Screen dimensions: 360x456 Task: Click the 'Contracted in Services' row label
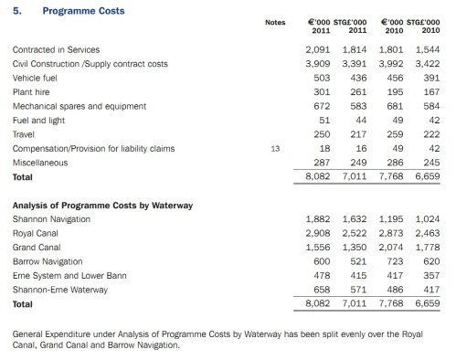pyautogui.click(x=57, y=48)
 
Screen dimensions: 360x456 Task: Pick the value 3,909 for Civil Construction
pyautogui.click(x=319, y=64)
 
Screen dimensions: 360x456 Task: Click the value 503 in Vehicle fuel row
pyautogui.click(x=323, y=80)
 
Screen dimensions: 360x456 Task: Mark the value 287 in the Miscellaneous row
pyautogui.click(x=323, y=162)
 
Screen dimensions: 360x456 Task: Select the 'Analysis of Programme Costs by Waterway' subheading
pyautogui.click(x=103, y=205)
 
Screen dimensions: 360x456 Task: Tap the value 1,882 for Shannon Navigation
pyautogui.click(x=319, y=220)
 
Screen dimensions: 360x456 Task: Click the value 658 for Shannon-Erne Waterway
pyautogui.click(x=323, y=286)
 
